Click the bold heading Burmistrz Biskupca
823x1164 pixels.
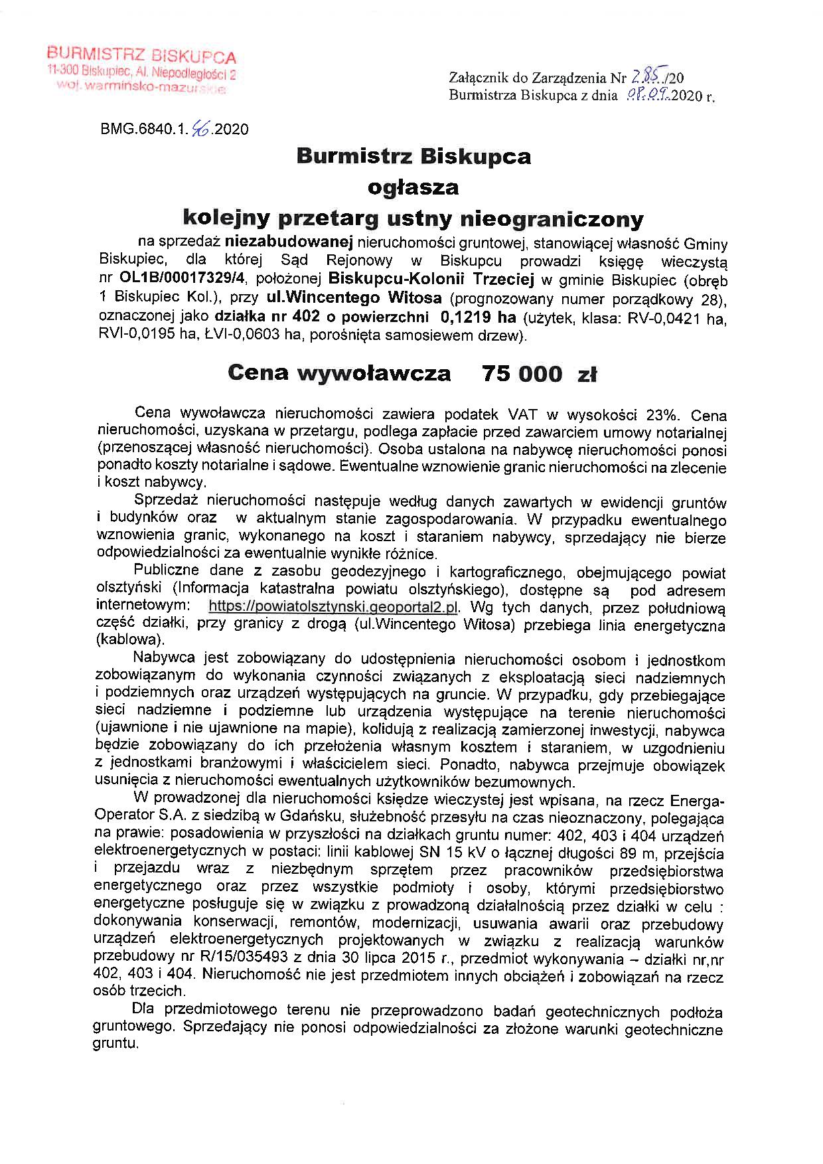(x=413, y=157)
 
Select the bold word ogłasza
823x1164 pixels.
(x=413, y=187)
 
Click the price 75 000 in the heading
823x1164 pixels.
(x=523, y=374)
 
